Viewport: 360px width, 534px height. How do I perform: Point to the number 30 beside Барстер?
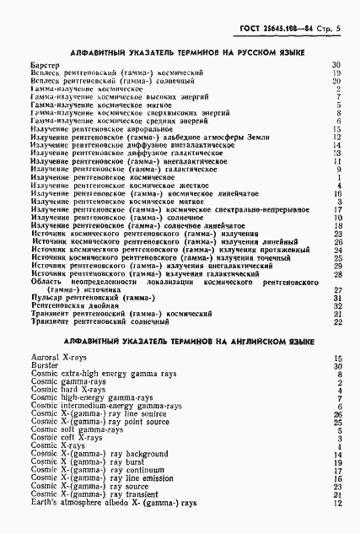click(x=336, y=65)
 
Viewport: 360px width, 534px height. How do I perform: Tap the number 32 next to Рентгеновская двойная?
click(x=336, y=305)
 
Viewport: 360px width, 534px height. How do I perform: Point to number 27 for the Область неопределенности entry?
click(x=336, y=289)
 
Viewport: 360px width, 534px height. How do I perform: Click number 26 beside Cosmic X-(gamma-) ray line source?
click(x=336, y=414)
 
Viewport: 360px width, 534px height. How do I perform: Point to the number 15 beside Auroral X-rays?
click(x=336, y=359)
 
